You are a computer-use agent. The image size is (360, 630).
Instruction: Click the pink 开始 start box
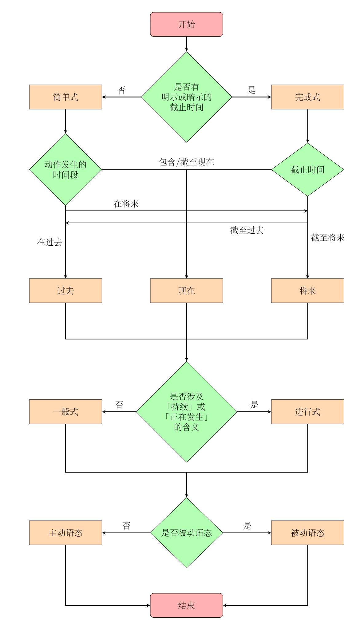(186, 24)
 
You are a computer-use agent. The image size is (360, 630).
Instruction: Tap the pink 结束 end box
(186, 605)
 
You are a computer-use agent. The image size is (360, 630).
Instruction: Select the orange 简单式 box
(65, 97)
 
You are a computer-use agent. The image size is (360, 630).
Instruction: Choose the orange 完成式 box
(307, 97)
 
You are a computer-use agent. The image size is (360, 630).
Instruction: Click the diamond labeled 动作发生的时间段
(65, 169)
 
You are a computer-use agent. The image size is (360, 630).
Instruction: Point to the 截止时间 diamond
(307, 169)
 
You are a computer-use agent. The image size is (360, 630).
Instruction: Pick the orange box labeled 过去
(65, 291)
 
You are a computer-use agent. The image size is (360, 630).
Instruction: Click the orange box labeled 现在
(186, 291)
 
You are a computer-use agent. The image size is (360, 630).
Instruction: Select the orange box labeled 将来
(307, 291)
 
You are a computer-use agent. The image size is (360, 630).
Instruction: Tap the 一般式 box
(65, 412)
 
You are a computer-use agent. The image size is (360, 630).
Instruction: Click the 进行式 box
(307, 412)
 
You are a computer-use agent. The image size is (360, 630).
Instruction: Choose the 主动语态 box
(65, 533)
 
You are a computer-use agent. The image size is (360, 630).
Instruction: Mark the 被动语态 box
(307, 533)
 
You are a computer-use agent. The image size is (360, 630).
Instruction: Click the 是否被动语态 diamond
(186, 533)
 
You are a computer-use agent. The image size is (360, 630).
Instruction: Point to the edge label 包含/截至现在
(186, 162)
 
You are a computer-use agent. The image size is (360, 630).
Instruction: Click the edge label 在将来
(126, 204)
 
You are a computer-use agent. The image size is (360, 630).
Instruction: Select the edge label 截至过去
(247, 230)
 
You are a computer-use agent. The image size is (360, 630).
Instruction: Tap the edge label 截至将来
(327, 237)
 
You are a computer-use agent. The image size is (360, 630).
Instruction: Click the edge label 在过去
(49, 242)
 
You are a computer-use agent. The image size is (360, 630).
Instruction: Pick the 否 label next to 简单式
(122, 90)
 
